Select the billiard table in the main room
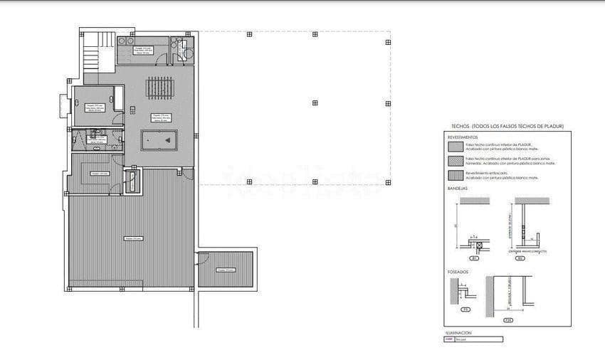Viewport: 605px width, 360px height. click(x=159, y=140)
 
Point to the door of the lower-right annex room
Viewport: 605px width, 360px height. click(x=201, y=255)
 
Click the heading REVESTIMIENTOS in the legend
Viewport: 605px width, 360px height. click(x=463, y=137)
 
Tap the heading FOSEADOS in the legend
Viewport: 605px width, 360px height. click(x=458, y=271)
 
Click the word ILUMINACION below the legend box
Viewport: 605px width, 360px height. click(x=458, y=332)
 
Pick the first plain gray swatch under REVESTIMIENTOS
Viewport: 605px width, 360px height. click(x=455, y=147)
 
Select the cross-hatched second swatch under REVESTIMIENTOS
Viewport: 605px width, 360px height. click(x=455, y=162)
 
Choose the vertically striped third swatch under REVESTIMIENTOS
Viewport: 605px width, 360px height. click(x=455, y=175)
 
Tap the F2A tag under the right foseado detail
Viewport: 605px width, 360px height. click(x=507, y=319)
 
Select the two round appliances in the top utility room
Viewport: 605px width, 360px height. click(x=125, y=41)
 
